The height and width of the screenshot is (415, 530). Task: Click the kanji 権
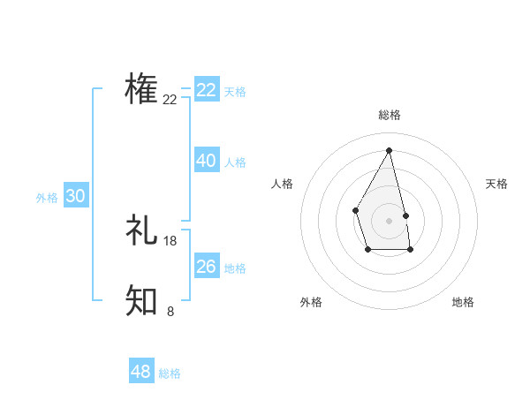(x=141, y=89)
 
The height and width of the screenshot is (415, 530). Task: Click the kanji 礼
(x=141, y=230)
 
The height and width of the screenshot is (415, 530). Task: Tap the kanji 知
(x=141, y=300)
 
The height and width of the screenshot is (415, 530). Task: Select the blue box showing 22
(x=207, y=90)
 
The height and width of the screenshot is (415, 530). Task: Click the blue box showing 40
(x=207, y=161)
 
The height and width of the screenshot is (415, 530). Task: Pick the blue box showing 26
(x=207, y=267)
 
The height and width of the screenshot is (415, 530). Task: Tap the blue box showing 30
(x=76, y=196)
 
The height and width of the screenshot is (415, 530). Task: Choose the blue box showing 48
(x=141, y=372)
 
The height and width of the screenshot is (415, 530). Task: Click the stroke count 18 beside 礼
(x=170, y=241)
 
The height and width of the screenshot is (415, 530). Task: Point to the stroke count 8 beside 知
(x=170, y=311)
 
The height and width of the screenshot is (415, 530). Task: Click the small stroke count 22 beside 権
(x=170, y=100)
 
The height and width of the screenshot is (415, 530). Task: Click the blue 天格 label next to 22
(x=235, y=92)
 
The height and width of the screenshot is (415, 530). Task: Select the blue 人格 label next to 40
(x=235, y=162)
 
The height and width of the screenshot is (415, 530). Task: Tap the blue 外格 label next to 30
(x=47, y=198)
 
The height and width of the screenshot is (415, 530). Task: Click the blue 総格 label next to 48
(x=170, y=373)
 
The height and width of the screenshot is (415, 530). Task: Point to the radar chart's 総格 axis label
(x=390, y=115)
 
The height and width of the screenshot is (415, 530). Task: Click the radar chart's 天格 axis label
(x=496, y=184)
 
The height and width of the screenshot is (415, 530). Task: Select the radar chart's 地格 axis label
(x=463, y=302)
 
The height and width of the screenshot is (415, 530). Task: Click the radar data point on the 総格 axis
(x=390, y=150)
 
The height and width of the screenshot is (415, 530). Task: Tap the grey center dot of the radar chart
(x=390, y=220)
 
